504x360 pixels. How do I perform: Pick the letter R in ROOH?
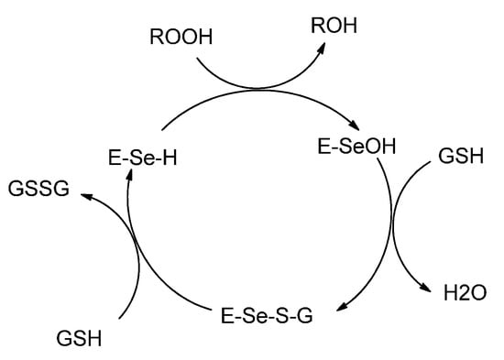[x=154, y=38]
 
